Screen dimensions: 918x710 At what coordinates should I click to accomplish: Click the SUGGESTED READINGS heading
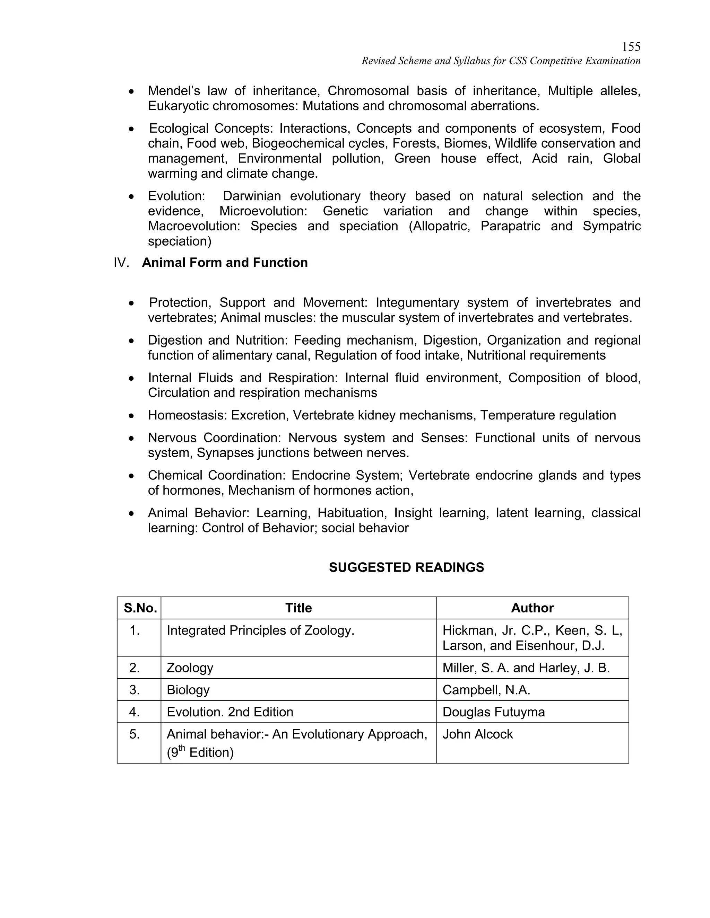pos(406,567)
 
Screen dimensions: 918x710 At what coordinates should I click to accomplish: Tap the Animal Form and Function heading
pos(225,263)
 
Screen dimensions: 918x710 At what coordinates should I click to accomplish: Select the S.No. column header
pos(140,608)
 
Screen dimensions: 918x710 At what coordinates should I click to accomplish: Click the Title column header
pos(298,608)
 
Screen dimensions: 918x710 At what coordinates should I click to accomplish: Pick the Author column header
pos(532,608)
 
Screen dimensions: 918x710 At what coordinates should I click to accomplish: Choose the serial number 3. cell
pos(135,690)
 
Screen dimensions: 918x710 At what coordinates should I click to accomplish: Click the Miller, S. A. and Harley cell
pos(526,668)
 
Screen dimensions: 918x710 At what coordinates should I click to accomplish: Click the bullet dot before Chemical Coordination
pos(132,476)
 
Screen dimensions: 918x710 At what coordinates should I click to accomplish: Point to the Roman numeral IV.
pos(121,263)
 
